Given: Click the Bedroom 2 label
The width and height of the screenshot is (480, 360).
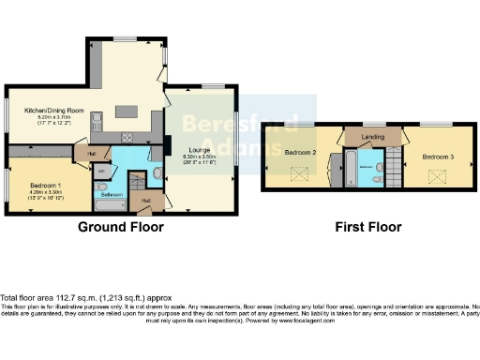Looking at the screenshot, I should click(x=300, y=152).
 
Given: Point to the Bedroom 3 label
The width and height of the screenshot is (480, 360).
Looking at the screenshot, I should click(x=437, y=156).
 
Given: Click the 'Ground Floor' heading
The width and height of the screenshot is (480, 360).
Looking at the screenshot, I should click(x=120, y=227).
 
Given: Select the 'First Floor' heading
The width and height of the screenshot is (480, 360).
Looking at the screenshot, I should click(x=368, y=227).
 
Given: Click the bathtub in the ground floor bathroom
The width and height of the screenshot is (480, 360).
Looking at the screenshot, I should click(x=111, y=204).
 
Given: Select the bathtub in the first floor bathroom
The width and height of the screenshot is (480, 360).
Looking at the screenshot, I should click(x=350, y=170).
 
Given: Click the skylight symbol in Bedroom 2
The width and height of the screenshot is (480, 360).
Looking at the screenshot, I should click(x=300, y=174).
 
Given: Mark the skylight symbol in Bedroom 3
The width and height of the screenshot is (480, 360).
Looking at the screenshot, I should click(x=437, y=175).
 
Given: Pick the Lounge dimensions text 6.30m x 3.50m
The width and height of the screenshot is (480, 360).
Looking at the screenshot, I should click(x=198, y=157).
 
